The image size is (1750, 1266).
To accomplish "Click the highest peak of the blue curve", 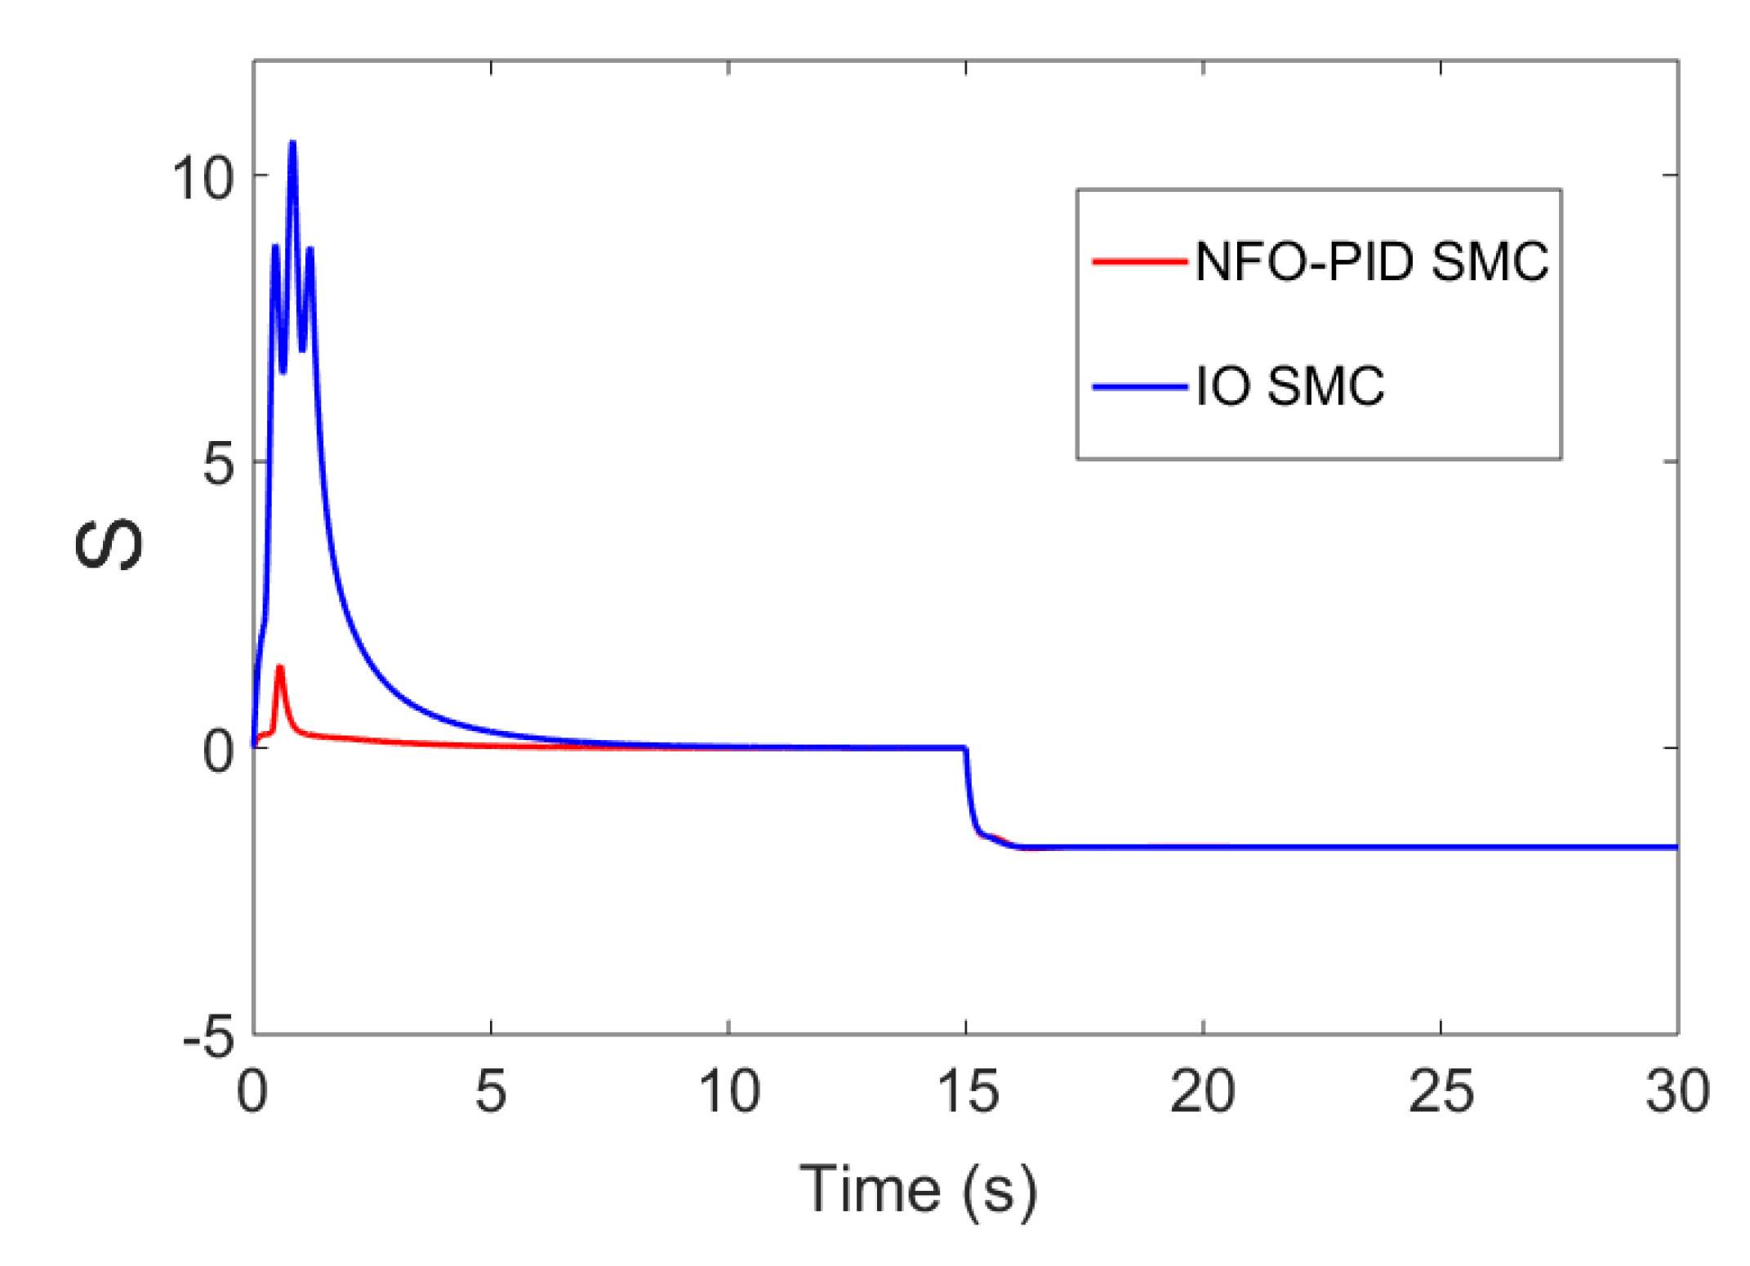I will coord(292,144).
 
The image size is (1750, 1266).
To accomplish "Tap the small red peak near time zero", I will coord(280,668).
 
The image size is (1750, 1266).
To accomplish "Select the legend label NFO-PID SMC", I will coord(1371,262).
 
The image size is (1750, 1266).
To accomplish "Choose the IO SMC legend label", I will coord(1289,386).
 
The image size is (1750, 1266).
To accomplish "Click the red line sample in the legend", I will coord(1139,262).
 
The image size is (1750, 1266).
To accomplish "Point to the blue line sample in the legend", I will coord(1139,386).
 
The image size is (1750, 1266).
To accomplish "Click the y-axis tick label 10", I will coord(203,177).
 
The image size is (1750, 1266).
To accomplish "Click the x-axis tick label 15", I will coord(967,1091).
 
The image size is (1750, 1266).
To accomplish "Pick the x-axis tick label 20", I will coord(1202,1091).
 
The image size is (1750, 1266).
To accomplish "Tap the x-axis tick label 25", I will coord(1441,1091).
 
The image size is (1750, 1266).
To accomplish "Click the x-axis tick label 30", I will coord(1677,1091).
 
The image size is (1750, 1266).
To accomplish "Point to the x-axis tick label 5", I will coord(491,1091).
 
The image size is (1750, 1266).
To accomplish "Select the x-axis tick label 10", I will coord(729,1091).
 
